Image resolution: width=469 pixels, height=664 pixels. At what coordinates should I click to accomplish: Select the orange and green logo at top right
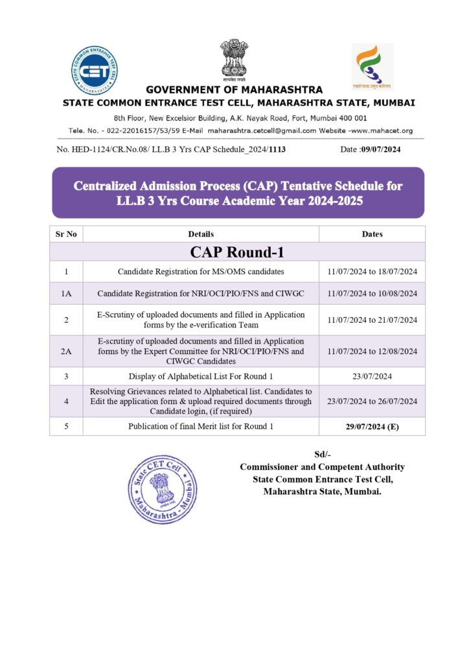coord(372,66)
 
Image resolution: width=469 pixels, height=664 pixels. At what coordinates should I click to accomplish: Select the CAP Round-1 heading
coord(237,252)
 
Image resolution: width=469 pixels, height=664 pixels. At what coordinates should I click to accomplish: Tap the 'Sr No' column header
coord(66,234)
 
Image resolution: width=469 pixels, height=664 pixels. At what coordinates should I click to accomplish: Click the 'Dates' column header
coord(372,234)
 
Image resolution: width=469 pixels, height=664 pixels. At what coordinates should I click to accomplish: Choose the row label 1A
coord(66,294)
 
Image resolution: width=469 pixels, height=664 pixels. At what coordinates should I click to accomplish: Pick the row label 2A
coord(66,351)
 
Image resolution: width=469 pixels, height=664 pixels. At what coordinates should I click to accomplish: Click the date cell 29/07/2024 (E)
coord(372,426)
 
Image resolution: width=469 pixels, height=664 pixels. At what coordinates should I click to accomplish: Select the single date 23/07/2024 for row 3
coord(372,376)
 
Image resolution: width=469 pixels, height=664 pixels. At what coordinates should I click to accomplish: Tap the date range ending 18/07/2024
coord(372,271)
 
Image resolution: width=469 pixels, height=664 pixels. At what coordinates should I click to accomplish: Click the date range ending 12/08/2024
coord(372,351)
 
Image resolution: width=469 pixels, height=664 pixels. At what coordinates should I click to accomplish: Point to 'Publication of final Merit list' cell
coord(201,426)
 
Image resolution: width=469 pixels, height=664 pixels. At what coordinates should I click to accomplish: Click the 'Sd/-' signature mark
coord(322,455)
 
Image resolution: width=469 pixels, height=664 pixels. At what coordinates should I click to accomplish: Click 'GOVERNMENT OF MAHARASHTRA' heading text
coord(234,89)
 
